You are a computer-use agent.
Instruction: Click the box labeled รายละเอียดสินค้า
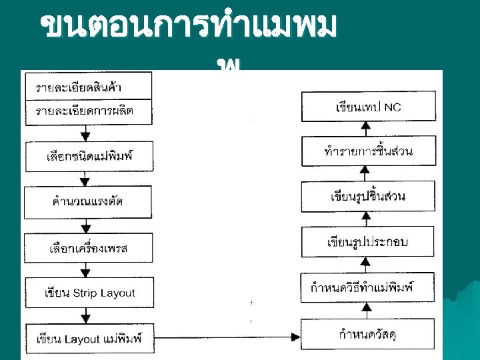click(x=88, y=87)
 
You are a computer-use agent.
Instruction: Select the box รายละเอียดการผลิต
click(x=88, y=111)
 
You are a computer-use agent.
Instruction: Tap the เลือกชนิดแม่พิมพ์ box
click(x=88, y=157)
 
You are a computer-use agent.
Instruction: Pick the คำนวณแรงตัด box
click(x=88, y=201)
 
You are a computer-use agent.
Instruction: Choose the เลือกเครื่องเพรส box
click(x=88, y=248)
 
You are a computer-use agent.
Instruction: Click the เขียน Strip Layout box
click(x=88, y=293)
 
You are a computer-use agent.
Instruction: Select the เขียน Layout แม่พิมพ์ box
click(x=88, y=339)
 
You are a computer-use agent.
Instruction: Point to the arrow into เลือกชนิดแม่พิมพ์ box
click(x=85, y=133)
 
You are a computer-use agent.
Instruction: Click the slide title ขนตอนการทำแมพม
click(x=190, y=27)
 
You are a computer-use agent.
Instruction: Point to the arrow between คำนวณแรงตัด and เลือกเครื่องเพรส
click(x=85, y=224)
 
